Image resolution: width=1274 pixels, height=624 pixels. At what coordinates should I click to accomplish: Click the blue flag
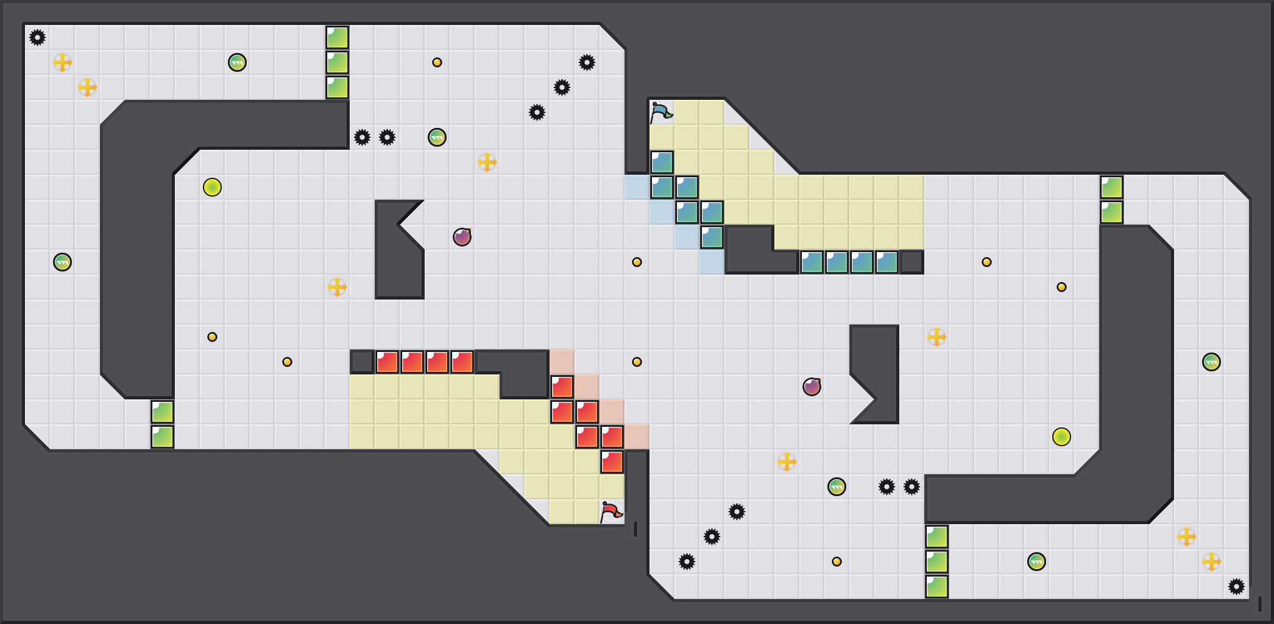click(661, 112)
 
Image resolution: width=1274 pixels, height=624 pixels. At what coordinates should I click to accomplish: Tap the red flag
click(611, 512)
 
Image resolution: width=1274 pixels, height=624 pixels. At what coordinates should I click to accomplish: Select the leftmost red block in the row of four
click(387, 362)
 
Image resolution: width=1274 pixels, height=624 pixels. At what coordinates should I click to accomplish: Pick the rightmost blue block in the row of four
click(887, 262)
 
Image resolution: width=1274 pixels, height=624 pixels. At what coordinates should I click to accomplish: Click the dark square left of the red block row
click(362, 362)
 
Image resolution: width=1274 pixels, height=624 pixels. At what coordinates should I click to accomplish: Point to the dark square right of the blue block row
click(912, 262)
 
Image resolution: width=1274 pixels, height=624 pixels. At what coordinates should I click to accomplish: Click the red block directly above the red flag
click(612, 462)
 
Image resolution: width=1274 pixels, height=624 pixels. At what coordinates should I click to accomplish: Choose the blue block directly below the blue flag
click(662, 162)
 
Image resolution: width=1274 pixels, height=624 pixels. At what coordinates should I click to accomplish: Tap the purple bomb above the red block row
click(462, 237)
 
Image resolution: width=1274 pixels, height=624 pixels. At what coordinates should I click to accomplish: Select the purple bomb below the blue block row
click(812, 387)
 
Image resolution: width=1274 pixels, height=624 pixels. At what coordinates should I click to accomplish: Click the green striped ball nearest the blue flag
click(437, 137)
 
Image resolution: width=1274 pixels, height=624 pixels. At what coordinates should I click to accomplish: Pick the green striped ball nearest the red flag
click(837, 487)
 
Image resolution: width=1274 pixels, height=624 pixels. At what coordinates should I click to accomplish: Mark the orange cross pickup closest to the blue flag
click(487, 162)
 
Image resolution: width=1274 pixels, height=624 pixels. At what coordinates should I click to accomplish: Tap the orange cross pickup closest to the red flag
click(787, 462)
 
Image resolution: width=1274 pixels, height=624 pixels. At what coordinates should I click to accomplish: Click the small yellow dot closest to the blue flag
click(637, 262)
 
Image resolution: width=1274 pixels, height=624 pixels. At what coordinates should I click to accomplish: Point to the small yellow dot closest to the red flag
click(637, 362)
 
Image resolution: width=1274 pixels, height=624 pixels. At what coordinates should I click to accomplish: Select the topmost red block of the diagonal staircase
click(562, 387)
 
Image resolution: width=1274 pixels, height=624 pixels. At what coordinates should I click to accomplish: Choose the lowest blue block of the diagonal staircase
click(712, 237)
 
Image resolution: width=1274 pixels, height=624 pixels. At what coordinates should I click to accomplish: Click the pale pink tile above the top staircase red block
click(562, 362)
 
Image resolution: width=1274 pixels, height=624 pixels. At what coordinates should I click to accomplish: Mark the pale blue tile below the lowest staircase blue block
click(712, 262)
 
